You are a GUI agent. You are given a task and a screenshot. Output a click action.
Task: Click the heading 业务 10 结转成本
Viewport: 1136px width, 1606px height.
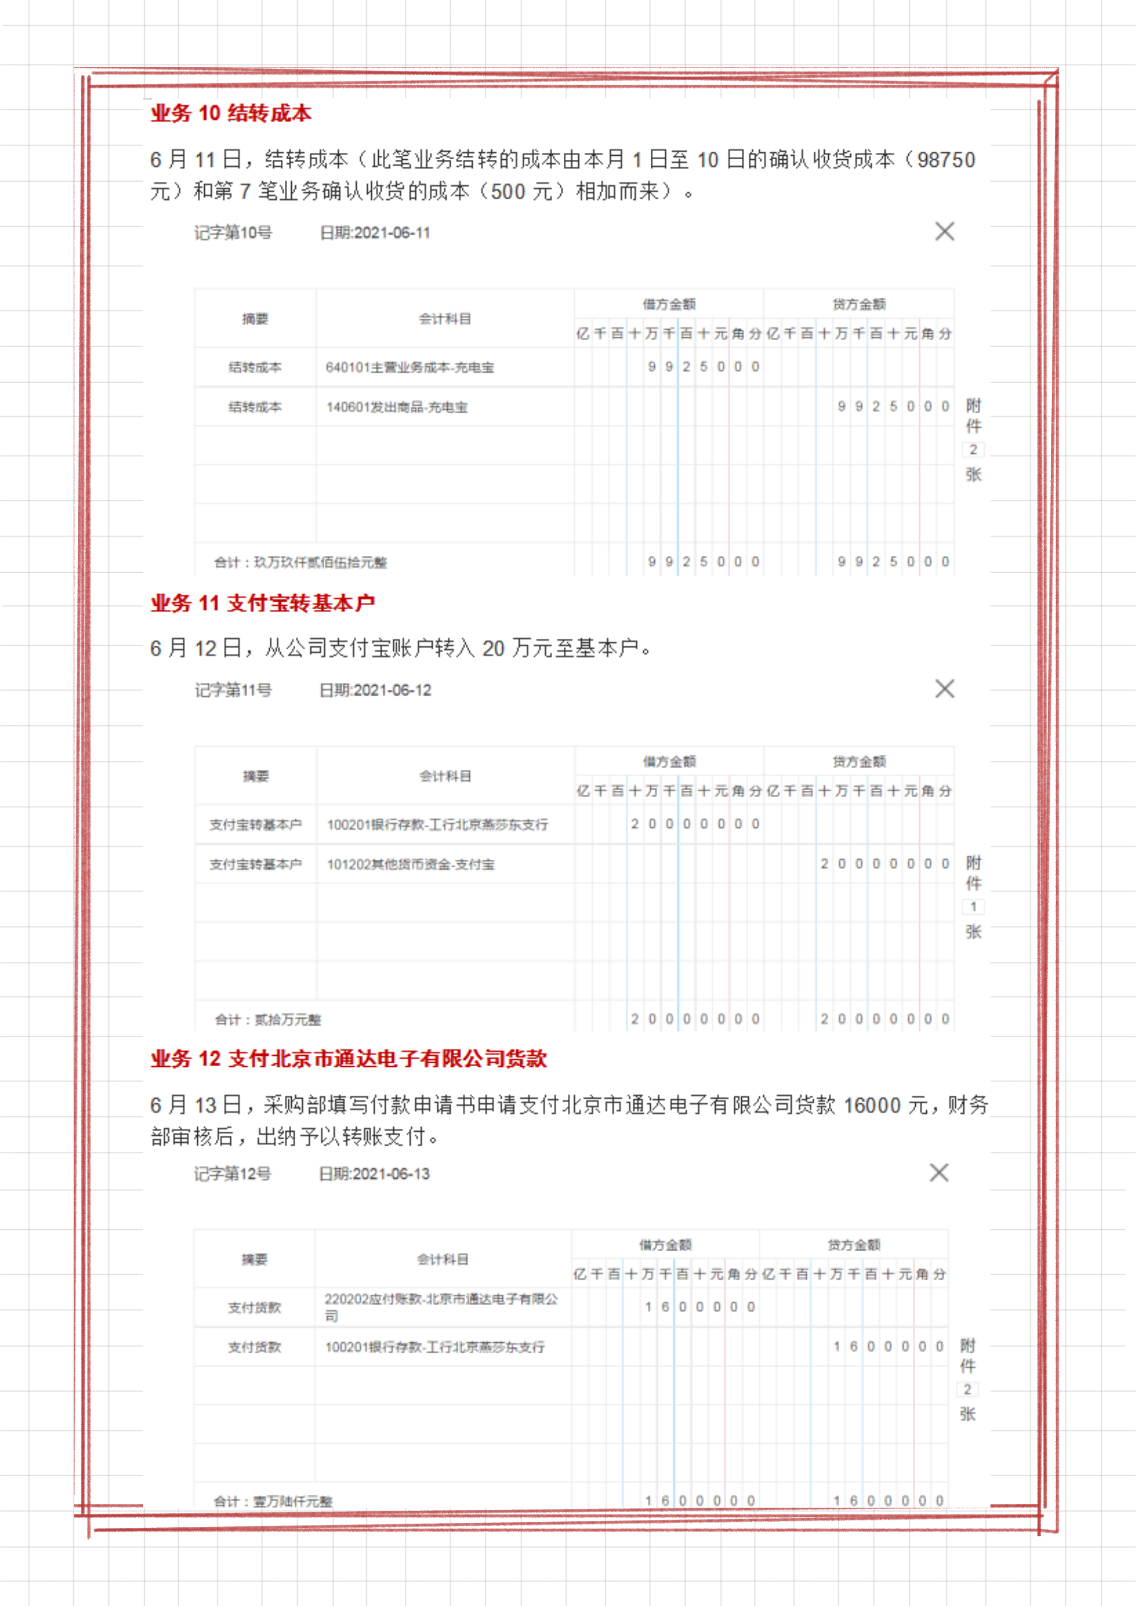(x=231, y=114)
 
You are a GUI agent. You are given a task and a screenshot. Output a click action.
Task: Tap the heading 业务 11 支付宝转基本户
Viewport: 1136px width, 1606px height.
(x=262, y=603)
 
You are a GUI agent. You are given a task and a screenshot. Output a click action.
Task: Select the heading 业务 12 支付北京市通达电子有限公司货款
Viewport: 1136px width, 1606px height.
(x=348, y=1058)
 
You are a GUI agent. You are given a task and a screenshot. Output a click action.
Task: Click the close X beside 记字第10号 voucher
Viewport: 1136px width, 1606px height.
(x=944, y=232)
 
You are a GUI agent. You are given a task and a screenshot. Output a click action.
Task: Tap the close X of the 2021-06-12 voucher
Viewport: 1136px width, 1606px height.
(x=944, y=689)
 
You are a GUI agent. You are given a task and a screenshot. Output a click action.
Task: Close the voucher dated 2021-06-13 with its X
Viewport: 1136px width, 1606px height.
(x=939, y=1173)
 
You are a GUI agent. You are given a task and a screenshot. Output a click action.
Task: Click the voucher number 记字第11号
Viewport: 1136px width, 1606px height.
(x=233, y=690)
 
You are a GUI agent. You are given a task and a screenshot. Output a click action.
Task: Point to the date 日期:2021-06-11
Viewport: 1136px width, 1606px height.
(x=375, y=233)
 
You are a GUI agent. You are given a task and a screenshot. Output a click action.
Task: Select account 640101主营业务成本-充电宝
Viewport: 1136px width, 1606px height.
(x=410, y=367)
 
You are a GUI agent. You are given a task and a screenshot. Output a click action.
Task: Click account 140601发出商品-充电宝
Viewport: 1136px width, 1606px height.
(x=397, y=407)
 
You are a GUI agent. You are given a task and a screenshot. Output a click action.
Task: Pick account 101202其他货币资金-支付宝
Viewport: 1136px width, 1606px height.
(x=411, y=864)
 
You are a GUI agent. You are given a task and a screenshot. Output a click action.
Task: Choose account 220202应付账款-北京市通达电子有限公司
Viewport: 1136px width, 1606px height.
(x=440, y=1307)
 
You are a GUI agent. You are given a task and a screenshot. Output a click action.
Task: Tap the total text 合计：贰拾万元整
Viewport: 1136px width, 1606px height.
(x=268, y=1020)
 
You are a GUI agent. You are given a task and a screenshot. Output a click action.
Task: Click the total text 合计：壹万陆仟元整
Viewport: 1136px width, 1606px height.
(x=273, y=1501)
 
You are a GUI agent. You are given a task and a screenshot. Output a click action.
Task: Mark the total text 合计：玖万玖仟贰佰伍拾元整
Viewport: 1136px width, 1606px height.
(x=301, y=562)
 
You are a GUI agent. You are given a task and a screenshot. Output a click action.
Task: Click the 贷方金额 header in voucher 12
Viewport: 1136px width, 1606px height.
(x=853, y=1245)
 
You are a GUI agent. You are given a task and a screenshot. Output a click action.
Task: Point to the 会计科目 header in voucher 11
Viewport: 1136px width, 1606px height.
(x=445, y=776)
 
